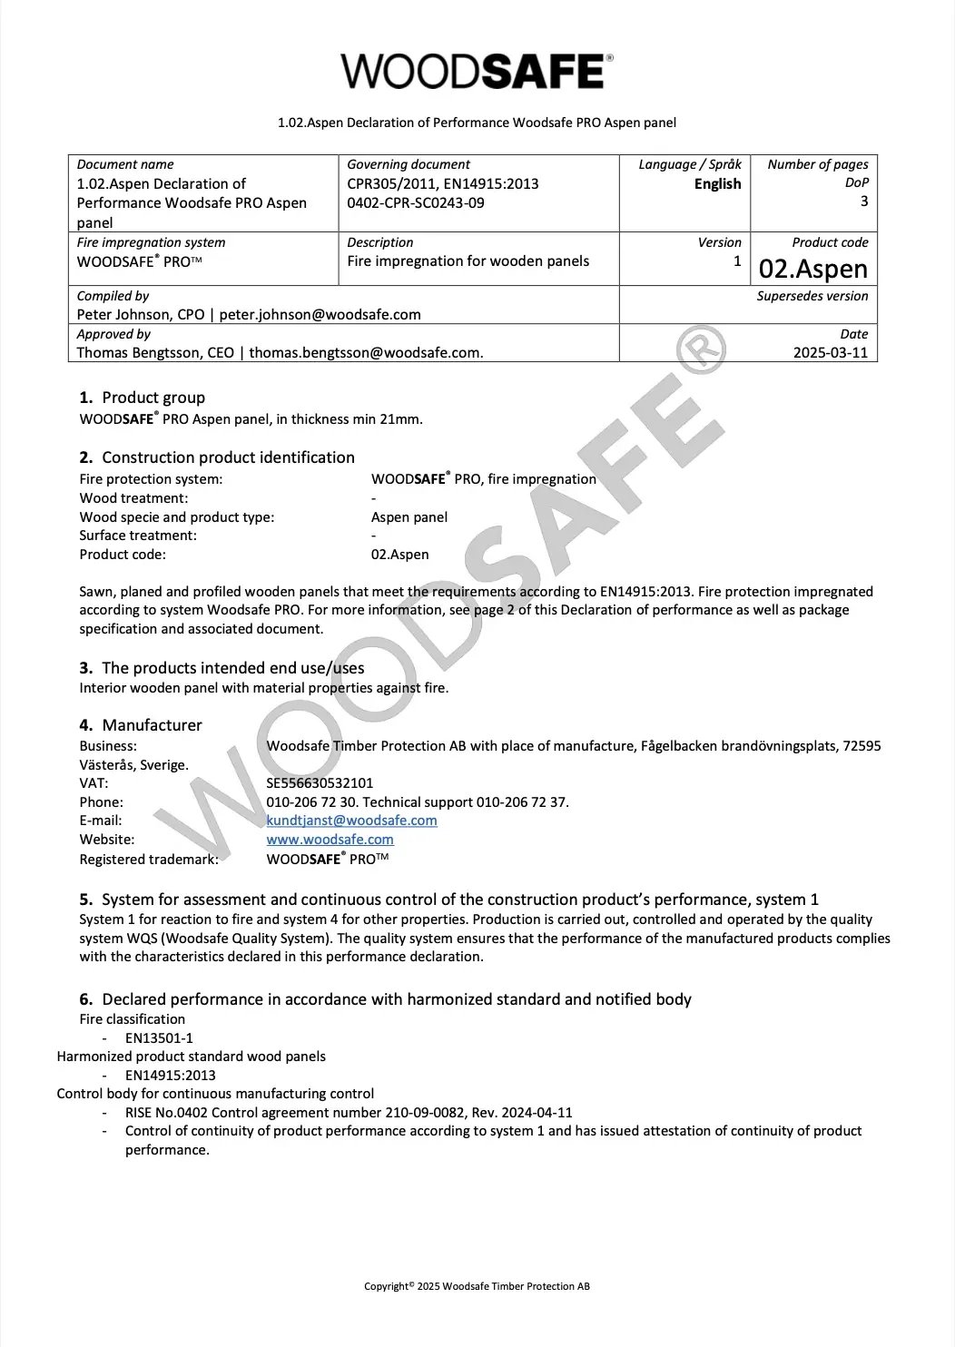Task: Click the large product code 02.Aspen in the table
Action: pos(813,269)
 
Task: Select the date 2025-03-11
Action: pos(831,352)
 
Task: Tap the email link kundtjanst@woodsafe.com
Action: pos(351,821)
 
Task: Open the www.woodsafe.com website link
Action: pos(330,840)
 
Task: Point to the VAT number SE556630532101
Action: pos(320,783)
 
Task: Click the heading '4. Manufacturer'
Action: pos(141,725)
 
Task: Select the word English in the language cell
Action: pos(717,184)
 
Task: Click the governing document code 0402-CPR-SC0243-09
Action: pos(416,203)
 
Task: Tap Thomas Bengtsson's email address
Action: pos(366,353)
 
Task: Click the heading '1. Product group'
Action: pos(143,398)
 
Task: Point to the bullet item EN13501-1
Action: pos(159,1038)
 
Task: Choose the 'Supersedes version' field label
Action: pos(812,296)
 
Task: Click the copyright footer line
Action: pos(477,1286)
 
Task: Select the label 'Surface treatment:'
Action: pos(138,536)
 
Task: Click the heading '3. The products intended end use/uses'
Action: pos(222,668)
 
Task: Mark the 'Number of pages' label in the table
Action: pos(817,164)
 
